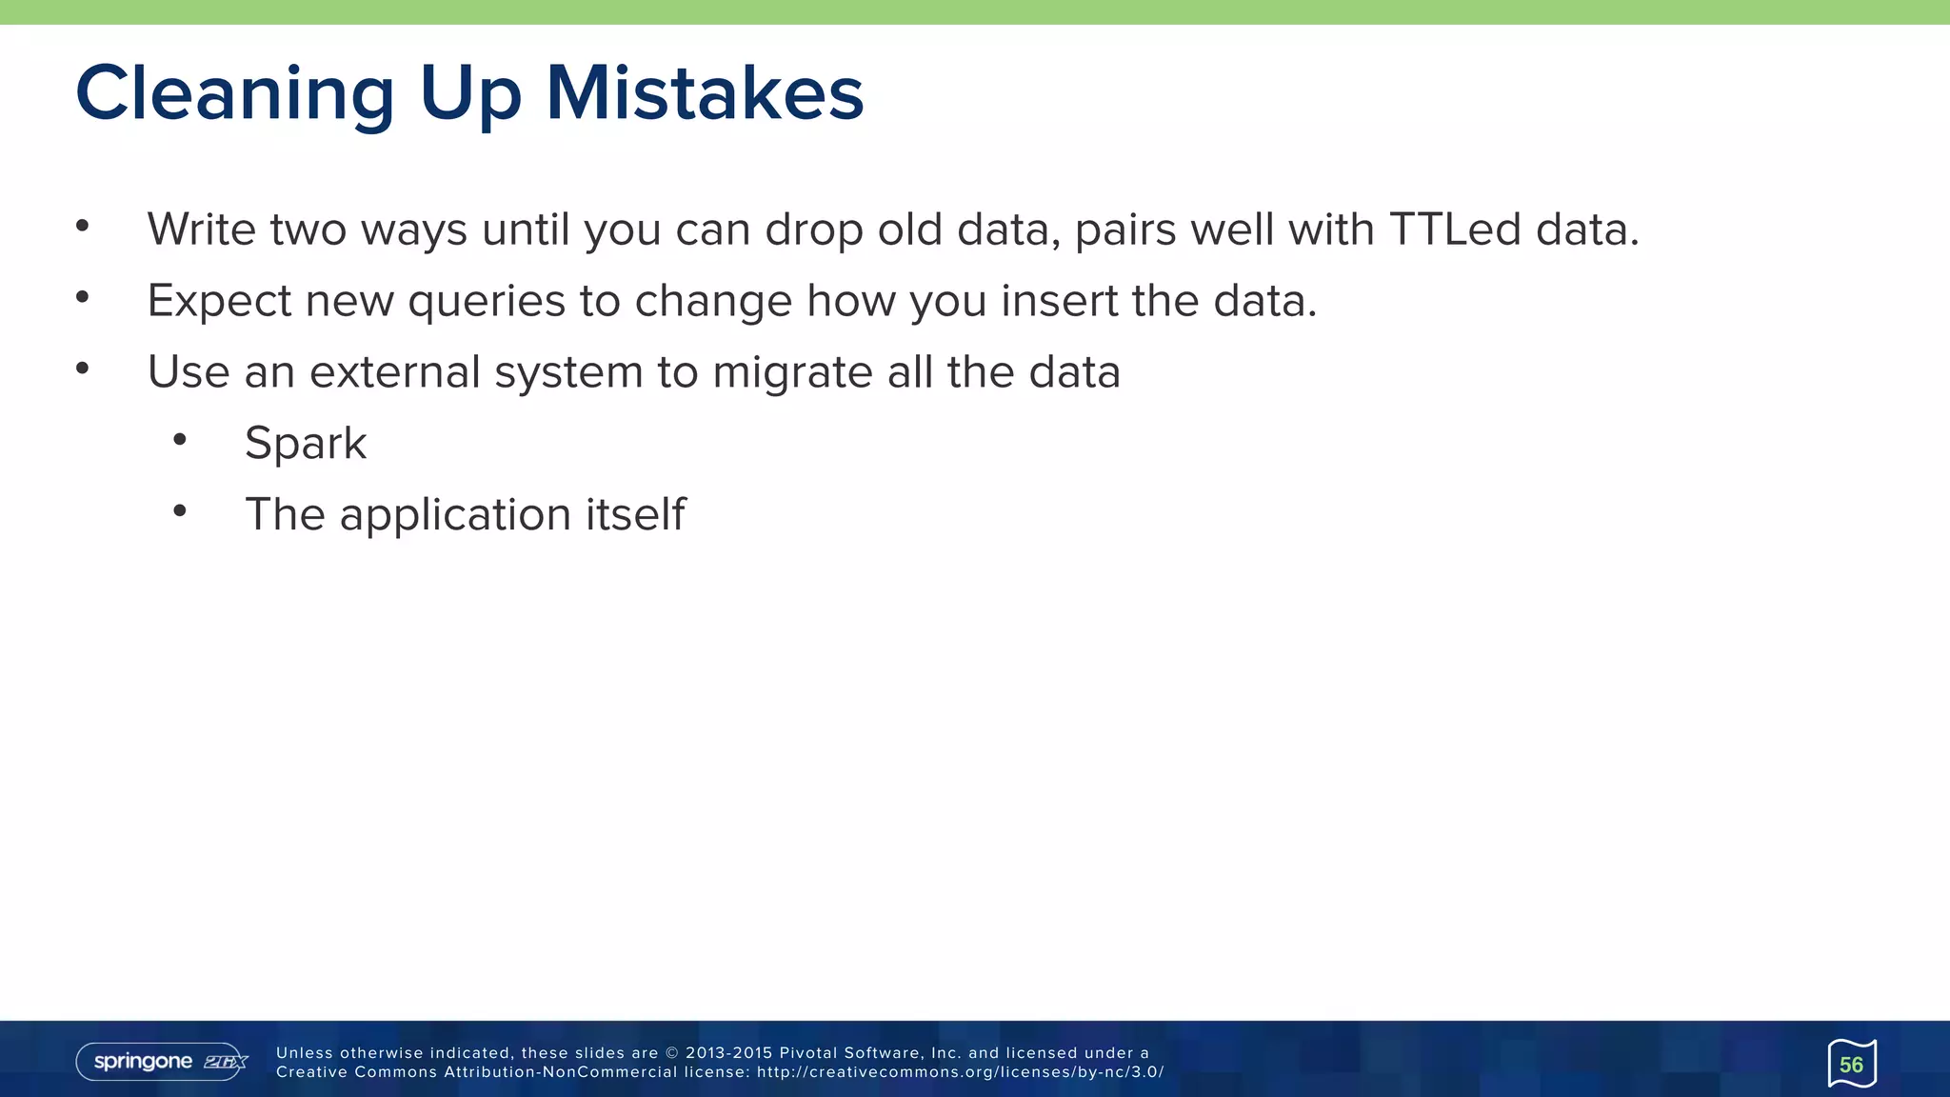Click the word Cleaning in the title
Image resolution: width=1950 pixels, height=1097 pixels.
click(234, 93)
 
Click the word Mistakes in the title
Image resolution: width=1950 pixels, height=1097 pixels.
click(705, 93)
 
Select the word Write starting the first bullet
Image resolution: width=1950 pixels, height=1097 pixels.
click(201, 229)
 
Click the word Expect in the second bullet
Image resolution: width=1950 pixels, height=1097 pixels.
click(219, 301)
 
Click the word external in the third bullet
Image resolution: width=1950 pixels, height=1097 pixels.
click(394, 371)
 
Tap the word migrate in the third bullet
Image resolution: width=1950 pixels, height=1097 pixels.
click(792, 371)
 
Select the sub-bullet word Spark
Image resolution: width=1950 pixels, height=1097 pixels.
click(306, 443)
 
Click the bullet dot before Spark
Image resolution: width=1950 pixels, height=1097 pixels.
click(180, 440)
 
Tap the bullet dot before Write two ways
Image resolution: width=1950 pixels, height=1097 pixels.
click(83, 227)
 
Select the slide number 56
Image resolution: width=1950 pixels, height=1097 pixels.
click(1851, 1065)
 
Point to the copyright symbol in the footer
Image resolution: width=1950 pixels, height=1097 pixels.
click(671, 1053)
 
